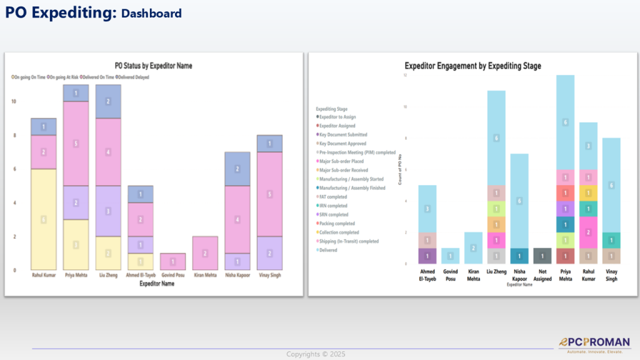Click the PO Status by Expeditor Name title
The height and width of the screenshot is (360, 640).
(153, 66)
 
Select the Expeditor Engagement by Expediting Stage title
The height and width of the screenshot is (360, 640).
(472, 66)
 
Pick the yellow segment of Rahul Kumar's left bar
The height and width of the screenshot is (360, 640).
(44, 219)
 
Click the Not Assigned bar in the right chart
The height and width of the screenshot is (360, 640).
(543, 256)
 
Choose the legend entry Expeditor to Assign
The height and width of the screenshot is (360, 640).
(341, 117)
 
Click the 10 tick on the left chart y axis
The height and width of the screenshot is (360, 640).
(14, 101)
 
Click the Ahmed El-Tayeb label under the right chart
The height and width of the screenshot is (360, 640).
(427, 276)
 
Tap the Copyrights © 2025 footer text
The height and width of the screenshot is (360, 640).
(315, 354)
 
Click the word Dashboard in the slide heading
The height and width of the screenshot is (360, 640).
(151, 13)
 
